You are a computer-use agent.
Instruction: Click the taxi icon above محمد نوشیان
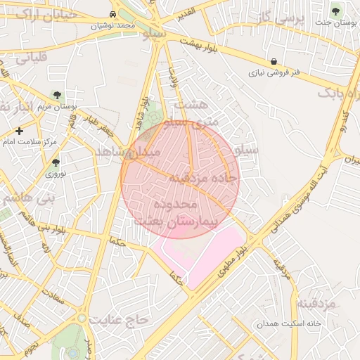113,14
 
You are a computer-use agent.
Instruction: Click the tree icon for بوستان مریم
57,95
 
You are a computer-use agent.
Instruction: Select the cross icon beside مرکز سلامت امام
19,131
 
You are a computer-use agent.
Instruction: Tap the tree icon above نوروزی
56,162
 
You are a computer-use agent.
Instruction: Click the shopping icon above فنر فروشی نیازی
274,61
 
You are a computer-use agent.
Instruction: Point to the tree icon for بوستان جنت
335,11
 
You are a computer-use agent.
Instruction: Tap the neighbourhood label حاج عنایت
124,320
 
